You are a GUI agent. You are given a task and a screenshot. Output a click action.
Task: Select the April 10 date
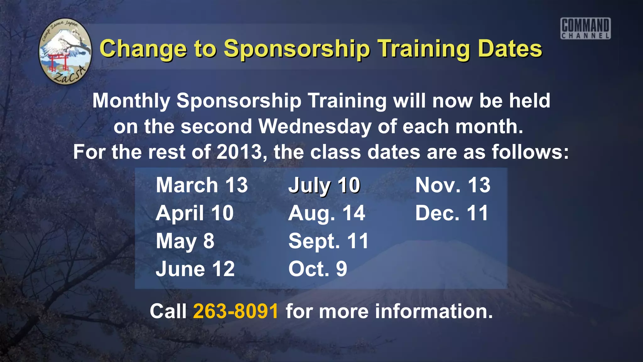pos(195,213)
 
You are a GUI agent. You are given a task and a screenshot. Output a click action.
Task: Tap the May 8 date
pos(185,241)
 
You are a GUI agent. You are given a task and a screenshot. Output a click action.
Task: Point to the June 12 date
pos(195,269)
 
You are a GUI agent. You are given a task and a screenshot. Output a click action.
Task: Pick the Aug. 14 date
pos(327,213)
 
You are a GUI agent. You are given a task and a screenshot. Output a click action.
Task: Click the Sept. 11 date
pos(328,241)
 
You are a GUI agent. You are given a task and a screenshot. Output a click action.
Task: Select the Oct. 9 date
pos(318,269)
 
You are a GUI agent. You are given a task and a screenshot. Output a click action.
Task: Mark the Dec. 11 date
pos(452,213)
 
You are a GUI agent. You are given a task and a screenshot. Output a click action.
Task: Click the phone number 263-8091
pos(236,311)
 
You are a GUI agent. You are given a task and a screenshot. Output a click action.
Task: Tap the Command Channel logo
pos(586,28)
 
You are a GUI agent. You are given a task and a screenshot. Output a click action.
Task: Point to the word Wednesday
pos(315,127)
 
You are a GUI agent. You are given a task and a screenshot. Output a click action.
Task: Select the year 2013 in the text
pos(239,152)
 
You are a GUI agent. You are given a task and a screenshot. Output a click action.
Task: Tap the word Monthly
pos(131,101)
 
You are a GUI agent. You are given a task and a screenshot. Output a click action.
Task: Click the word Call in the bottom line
pos(168,311)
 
